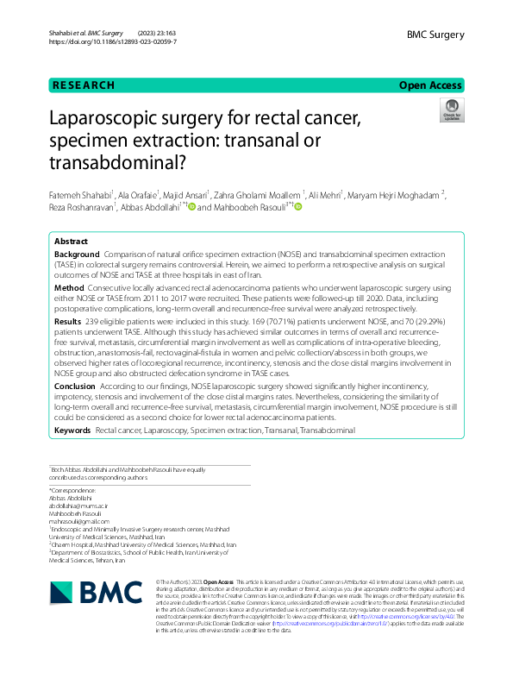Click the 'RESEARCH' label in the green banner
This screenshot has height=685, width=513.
[x=84, y=85]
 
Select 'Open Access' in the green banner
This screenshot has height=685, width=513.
[x=432, y=85]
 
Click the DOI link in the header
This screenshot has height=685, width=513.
[x=113, y=41]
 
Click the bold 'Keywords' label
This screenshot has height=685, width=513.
[x=72, y=429]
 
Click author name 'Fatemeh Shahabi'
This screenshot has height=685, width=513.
[x=78, y=195]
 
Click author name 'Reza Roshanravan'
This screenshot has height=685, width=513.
[x=80, y=208]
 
